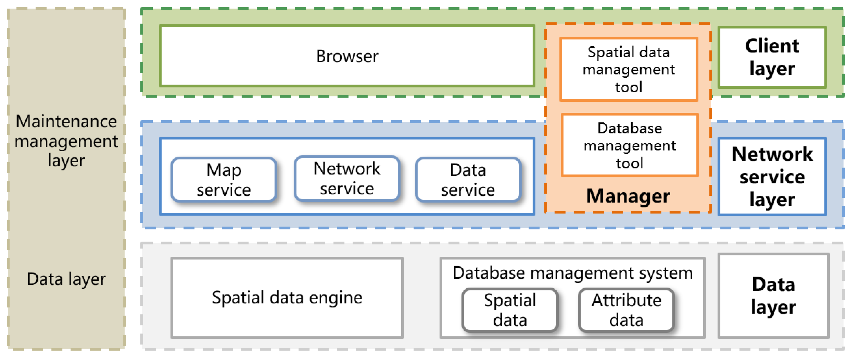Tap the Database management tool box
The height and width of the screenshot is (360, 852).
[630, 145]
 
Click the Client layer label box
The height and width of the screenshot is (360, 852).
[772, 57]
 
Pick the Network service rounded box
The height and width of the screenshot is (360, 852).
[347, 178]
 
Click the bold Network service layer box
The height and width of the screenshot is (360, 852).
[772, 176]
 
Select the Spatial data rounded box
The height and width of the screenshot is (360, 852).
[510, 310]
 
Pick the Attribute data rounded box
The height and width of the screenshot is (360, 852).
[626, 310]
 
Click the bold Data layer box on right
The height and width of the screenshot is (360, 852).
[773, 296]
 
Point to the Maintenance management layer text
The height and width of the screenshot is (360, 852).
[66, 141]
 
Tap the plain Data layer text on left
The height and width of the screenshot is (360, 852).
[66, 279]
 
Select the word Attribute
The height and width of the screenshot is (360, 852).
[626, 300]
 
